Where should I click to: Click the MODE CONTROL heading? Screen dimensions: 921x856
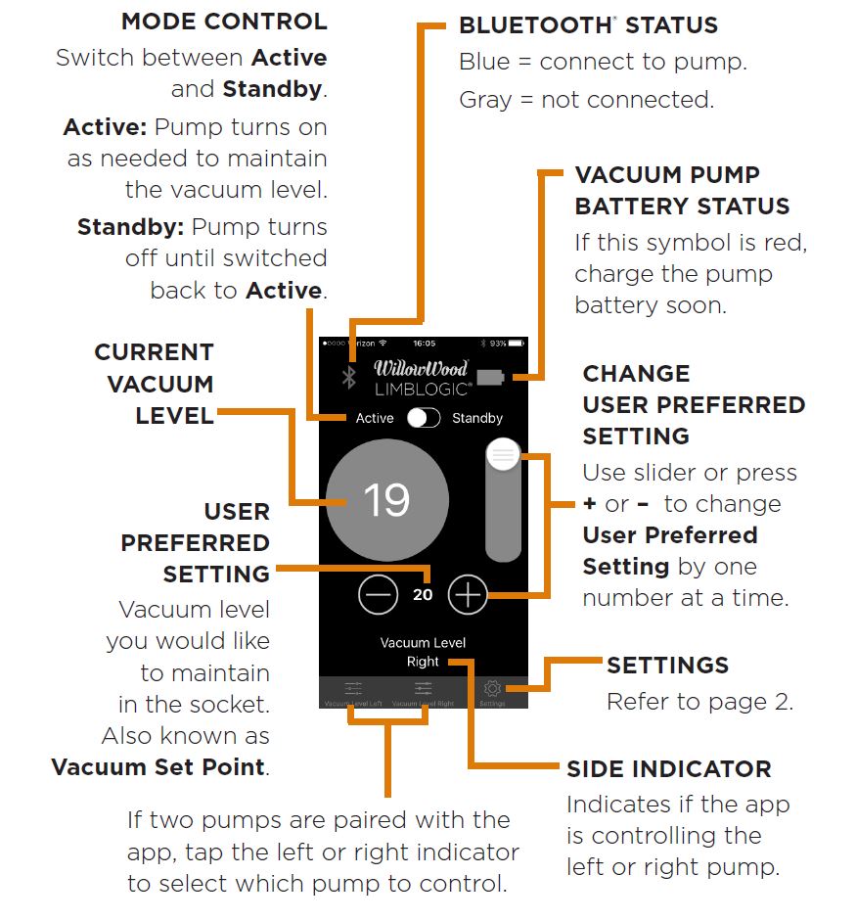click(x=224, y=22)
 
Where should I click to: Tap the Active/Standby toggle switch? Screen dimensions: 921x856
click(x=423, y=418)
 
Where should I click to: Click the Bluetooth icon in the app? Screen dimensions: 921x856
click(x=347, y=377)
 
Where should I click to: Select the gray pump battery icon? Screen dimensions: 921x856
click(x=489, y=377)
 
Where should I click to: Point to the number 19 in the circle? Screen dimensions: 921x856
click(x=386, y=500)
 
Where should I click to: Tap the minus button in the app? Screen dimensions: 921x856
click(x=379, y=594)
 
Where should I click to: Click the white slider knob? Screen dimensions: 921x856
click(x=503, y=455)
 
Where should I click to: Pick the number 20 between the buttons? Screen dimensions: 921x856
click(x=423, y=594)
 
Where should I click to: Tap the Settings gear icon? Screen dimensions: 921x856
click(x=492, y=689)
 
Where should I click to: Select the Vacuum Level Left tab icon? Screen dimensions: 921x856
click(x=353, y=689)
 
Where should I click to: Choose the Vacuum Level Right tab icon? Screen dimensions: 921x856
click(x=423, y=689)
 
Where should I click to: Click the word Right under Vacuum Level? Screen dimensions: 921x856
click(x=423, y=662)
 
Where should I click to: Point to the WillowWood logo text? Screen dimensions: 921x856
click(x=422, y=369)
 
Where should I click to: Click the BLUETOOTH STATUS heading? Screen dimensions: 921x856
click(x=588, y=25)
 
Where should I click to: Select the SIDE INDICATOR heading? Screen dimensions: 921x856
click(x=669, y=769)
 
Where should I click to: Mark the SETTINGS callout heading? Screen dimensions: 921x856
click(x=667, y=666)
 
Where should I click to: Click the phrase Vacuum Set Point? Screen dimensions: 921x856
click(x=158, y=766)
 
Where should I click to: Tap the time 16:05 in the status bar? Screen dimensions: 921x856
click(x=424, y=344)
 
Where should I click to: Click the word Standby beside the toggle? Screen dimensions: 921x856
click(x=476, y=418)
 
